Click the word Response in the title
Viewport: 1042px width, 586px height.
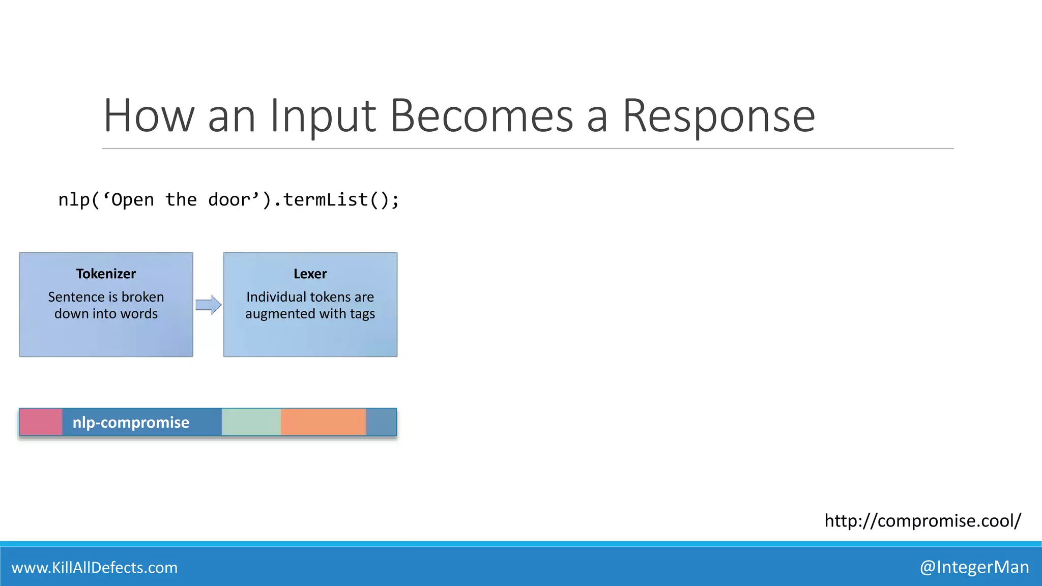pos(718,117)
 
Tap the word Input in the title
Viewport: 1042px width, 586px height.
pos(323,117)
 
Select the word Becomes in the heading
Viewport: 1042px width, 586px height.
pos(481,117)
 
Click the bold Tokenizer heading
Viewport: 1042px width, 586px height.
pos(106,274)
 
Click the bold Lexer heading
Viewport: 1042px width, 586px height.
pos(310,274)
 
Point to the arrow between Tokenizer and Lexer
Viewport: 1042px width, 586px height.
pos(208,305)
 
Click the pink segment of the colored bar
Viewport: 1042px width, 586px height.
pos(41,422)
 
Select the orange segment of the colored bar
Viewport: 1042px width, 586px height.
pos(323,422)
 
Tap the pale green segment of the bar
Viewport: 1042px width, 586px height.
pos(251,422)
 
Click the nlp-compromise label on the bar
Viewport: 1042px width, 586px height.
pos(131,422)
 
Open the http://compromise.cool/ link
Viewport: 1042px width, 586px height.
pos(922,520)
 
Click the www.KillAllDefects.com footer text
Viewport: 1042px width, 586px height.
pos(95,567)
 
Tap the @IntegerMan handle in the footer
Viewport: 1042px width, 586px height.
pos(974,567)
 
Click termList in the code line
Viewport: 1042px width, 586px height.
pos(325,199)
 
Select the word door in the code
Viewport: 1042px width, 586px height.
pos(229,199)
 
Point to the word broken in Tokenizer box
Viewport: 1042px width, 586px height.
pos(142,297)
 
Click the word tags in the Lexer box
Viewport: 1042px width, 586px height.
pos(362,314)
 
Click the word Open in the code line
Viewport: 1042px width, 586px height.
pos(132,199)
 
